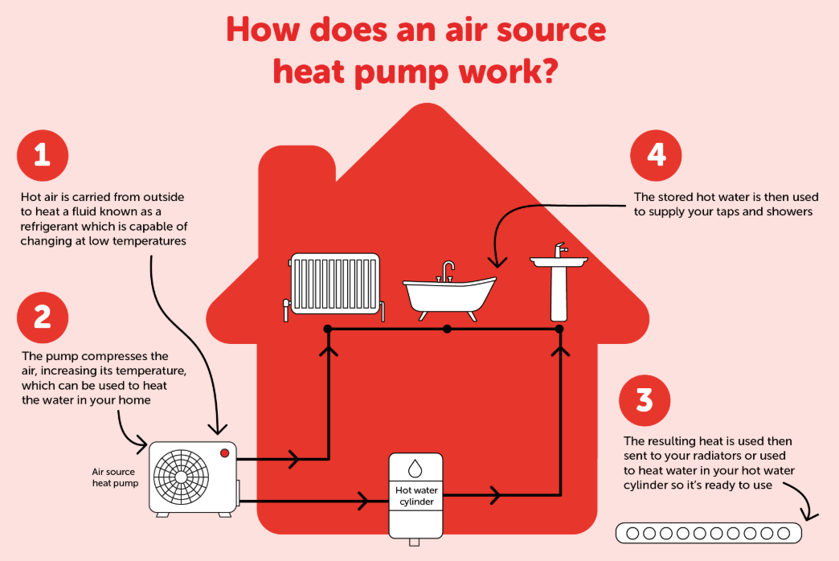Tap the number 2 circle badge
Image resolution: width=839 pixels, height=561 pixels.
coord(43,317)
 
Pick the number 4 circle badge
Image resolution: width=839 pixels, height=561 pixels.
coord(657,154)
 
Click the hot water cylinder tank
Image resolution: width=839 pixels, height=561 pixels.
coord(415,495)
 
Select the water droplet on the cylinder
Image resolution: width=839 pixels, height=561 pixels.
coord(415,469)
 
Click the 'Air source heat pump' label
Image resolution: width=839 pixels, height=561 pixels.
coord(113,477)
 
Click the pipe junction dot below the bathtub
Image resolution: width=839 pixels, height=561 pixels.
coord(448,329)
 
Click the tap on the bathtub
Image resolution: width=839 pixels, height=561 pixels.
coord(448,269)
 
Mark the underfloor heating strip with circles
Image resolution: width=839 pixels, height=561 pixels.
coord(708,533)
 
